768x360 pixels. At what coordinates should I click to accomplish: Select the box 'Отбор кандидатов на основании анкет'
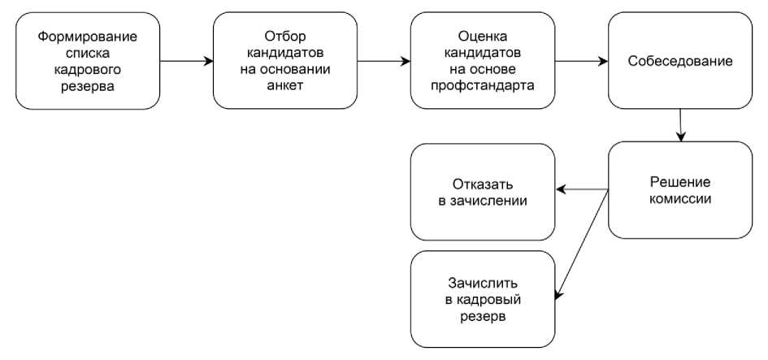point(284,60)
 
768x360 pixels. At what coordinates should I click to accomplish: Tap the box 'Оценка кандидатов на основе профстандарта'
point(483,60)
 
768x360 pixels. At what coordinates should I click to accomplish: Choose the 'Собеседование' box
point(679,60)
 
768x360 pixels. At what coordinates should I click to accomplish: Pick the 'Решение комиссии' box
point(679,189)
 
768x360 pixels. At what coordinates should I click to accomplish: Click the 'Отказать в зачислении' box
point(483,192)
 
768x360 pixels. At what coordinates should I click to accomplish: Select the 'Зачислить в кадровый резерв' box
point(483,299)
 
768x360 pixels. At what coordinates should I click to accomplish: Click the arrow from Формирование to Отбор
point(186,60)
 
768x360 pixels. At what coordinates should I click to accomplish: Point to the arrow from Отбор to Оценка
point(384,60)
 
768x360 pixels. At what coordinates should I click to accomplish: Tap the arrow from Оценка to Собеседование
point(581,60)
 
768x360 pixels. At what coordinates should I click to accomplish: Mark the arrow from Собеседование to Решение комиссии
point(681,124)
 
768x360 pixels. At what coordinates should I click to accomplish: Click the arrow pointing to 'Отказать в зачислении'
point(582,190)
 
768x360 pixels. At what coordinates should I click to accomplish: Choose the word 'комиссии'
point(680,198)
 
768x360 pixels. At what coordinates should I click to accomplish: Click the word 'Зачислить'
point(483,284)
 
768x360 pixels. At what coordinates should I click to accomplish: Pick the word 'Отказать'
point(483,184)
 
